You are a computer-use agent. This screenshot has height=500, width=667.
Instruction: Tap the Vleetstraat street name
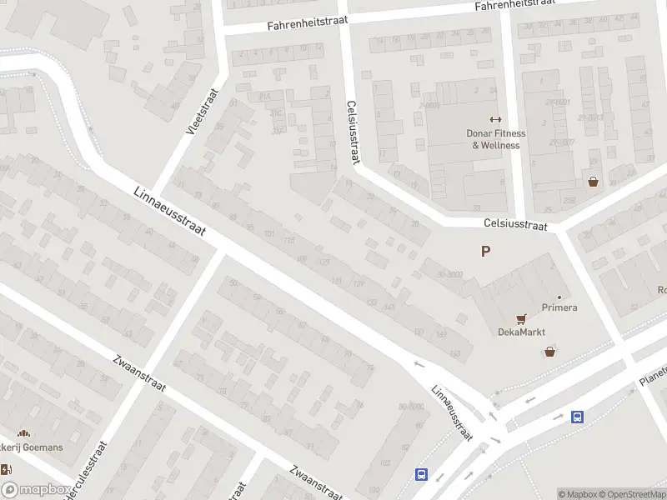point(201,112)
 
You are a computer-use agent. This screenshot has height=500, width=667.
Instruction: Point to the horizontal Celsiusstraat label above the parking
point(515,225)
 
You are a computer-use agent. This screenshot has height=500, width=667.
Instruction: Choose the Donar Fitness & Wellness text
point(495,139)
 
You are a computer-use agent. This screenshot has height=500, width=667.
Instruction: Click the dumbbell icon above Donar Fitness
point(495,120)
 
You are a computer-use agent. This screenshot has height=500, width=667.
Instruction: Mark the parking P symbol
point(485,251)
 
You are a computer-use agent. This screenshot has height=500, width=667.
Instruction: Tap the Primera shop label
point(559,307)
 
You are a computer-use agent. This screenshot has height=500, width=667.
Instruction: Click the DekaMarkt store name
point(522,332)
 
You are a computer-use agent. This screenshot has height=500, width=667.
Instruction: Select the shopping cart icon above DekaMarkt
point(522,317)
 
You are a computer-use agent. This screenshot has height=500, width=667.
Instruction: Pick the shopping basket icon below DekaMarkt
point(549,352)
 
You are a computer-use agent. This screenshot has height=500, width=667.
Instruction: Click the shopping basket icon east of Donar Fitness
point(593,181)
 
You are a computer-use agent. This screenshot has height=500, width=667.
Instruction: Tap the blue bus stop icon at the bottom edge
point(422,475)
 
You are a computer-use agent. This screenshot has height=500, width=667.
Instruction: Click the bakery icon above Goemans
point(24,433)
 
